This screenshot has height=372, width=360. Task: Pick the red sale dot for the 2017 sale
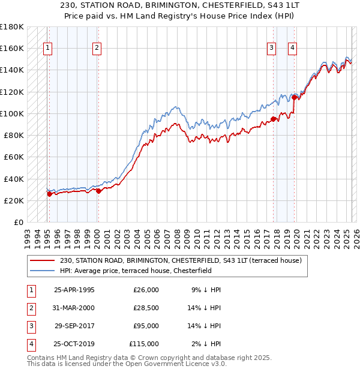[274, 119]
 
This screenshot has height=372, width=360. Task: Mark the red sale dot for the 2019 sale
[294, 97]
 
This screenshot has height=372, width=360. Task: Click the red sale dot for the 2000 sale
[98, 191]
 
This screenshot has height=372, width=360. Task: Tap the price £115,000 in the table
[144, 344]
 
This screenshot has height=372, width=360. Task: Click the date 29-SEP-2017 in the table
[74, 326]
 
